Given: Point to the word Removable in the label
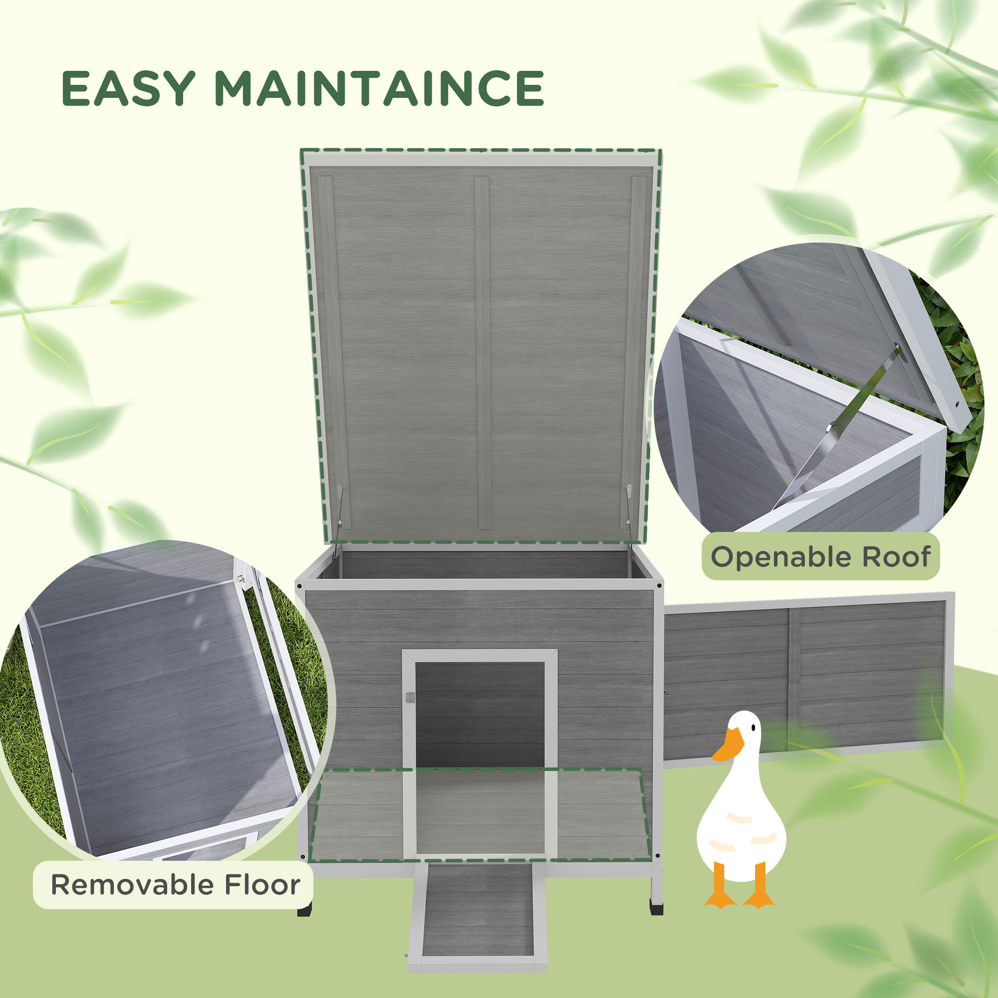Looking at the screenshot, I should point(132,885).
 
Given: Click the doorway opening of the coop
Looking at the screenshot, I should point(480,713).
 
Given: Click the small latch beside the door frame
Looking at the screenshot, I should point(410,698).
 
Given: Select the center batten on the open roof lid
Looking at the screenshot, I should point(483,351).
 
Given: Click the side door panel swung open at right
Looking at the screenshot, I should point(806,677).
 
